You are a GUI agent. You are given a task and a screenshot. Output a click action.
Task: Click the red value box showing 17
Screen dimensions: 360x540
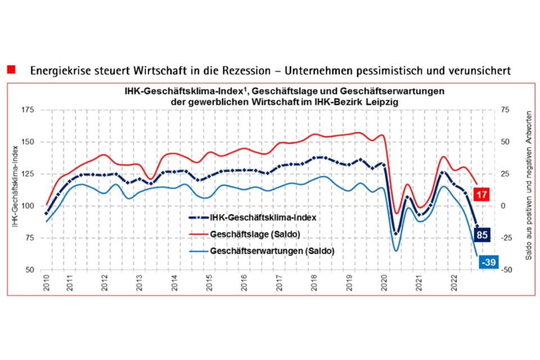coord(482,195)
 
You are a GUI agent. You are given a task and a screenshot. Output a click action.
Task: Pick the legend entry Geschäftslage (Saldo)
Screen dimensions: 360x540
coord(246,233)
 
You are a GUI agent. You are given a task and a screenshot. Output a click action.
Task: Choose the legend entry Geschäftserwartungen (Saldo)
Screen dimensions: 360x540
coord(272,251)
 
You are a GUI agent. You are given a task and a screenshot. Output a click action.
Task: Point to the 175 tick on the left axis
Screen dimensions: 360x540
coord(28,110)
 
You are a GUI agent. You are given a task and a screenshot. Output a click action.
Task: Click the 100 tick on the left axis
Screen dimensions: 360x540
coord(28,206)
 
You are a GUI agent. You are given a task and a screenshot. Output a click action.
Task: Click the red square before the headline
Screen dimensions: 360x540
coord(11,70)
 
